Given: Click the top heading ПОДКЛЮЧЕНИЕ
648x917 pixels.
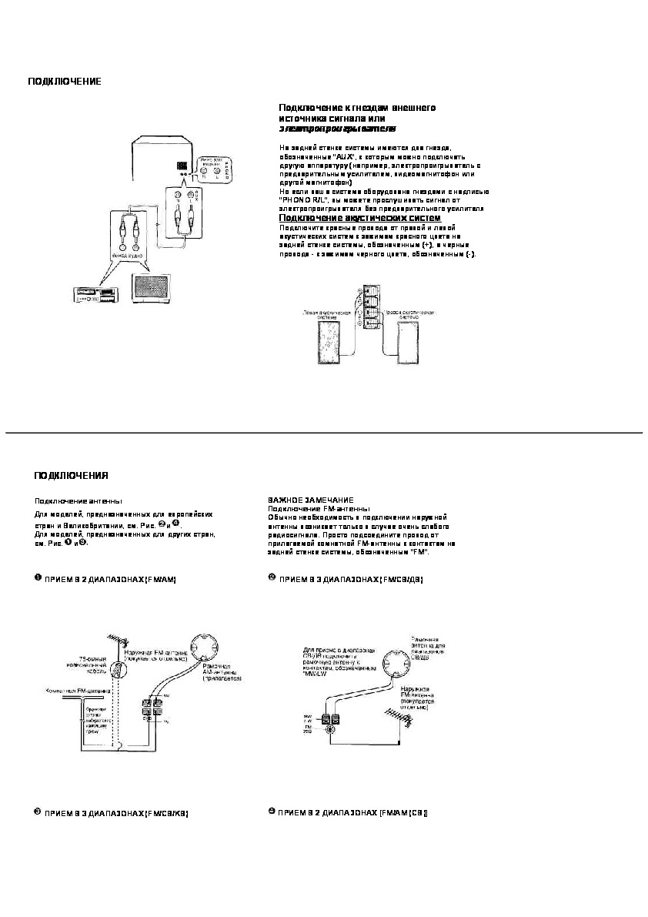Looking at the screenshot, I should (x=64, y=82).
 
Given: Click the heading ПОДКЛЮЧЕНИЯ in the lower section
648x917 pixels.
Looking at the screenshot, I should (x=70, y=475).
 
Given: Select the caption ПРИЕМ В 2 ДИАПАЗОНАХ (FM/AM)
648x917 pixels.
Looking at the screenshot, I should (x=111, y=578).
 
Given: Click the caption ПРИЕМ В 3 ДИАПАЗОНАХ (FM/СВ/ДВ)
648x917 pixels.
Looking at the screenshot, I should (x=350, y=578).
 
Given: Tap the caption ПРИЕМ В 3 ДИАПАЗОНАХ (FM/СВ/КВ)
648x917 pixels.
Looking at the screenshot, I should (x=115, y=813).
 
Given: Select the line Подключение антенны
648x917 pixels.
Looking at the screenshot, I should (x=78, y=500).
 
